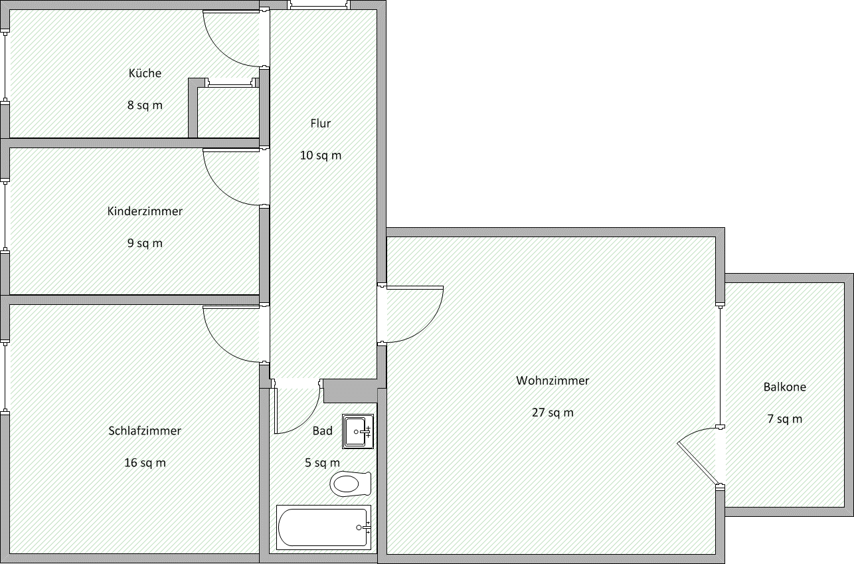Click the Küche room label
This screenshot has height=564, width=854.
tap(145, 73)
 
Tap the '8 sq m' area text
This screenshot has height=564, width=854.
tap(145, 105)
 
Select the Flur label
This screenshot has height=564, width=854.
tap(320, 123)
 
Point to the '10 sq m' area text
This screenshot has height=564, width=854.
tap(320, 155)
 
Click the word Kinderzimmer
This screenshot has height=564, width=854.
tap(145, 211)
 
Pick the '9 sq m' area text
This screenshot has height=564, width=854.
tap(145, 243)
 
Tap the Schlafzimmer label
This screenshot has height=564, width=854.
tap(145, 430)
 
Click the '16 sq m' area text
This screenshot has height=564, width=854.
tap(145, 462)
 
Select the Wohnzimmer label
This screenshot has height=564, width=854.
tap(553, 381)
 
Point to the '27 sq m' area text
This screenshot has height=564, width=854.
tap(553, 413)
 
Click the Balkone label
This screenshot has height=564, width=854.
tap(784, 387)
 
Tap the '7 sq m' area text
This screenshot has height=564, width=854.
tap(784, 419)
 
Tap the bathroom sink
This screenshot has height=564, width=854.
tap(358, 431)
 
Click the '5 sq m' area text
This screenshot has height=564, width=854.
tap(322, 462)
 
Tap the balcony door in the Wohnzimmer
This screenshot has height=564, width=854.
tap(697, 458)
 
